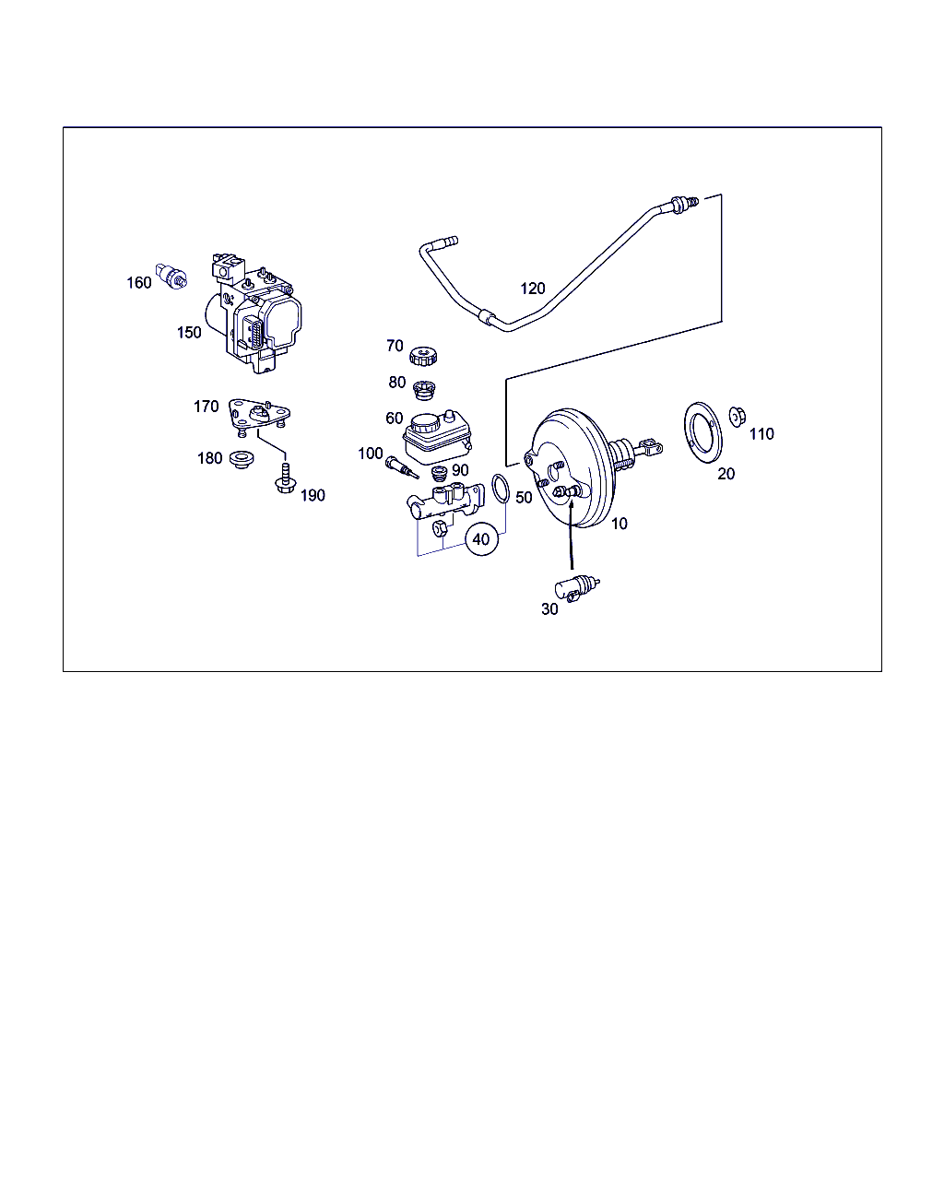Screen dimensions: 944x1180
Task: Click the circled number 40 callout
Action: pos(481,539)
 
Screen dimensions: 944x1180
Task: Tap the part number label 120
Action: pos(532,289)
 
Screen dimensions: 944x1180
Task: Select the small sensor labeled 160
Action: pos(171,276)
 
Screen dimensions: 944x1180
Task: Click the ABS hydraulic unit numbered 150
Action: pos(254,313)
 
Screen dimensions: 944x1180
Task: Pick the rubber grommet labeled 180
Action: pos(242,459)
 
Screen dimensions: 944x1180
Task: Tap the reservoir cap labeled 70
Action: pos(423,357)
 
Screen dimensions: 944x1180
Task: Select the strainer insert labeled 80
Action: pos(423,389)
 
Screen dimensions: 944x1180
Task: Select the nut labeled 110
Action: pos(737,417)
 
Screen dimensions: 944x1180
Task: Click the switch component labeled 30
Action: pos(577,588)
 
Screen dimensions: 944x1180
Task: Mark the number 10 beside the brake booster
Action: pos(619,524)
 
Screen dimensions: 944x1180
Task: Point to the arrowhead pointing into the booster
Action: pos(571,504)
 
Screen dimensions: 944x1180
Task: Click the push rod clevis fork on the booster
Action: pos(650,447)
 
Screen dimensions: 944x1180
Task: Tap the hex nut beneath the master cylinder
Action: pos(440,529)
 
